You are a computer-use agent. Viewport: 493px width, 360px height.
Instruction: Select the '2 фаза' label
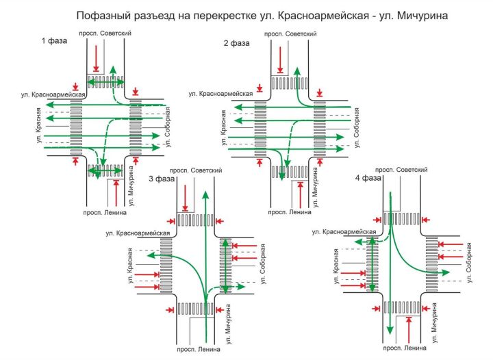coord(236,43)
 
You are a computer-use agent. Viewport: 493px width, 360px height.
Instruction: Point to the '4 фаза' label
coord(368,179)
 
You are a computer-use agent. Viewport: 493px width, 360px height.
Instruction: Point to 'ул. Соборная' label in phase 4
coord(470,261)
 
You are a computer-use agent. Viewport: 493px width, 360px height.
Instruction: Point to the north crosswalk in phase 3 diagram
coord(196,220)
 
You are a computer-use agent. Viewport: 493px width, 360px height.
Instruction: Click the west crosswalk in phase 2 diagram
coord(260,127)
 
